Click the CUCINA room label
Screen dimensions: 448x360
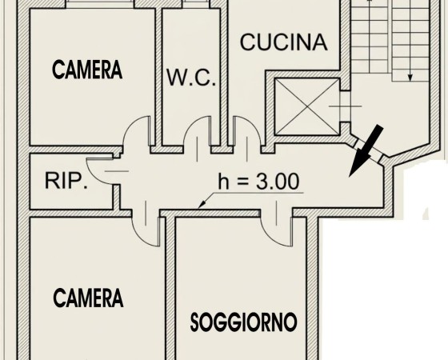(x=283, y=42)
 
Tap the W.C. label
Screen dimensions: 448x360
(x=191, y=78)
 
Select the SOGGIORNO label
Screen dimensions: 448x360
(x=244, y=322)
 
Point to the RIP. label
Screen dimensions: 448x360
(x=66, y=181)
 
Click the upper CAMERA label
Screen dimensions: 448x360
(x=87, y=70)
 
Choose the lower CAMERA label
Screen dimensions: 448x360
(x=88, y=298)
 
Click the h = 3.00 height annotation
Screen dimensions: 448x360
(x=259, y=181)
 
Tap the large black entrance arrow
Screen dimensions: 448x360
(x=366, y=150)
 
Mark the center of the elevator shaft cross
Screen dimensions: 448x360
(x=307, y=106)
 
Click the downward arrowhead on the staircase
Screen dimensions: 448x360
(x=410, y=77)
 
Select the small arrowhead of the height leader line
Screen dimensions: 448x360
(x=202, y=204)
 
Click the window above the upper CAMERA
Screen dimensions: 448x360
(x=100, y=4)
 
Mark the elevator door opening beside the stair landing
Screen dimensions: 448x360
(x=346, y=106)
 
